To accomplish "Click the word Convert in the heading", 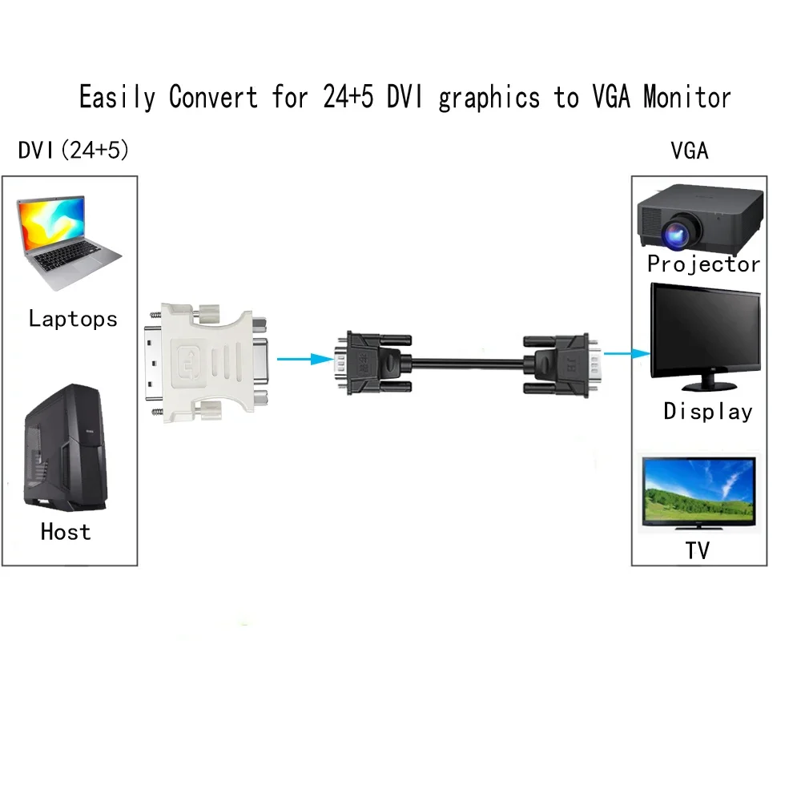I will [213, 98].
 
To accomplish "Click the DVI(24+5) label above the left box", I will [73, 150].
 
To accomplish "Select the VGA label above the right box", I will [690, 150].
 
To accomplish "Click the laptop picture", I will [69, 239].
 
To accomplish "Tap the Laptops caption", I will [73, 319].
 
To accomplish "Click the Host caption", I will [66, 531].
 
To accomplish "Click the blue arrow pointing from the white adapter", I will [306, 360].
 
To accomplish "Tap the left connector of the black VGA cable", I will [373, 362].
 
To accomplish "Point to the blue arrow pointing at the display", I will [625, 352].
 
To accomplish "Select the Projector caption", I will [703, 264].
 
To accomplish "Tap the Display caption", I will [708, 412].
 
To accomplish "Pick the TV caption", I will [697, 550].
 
